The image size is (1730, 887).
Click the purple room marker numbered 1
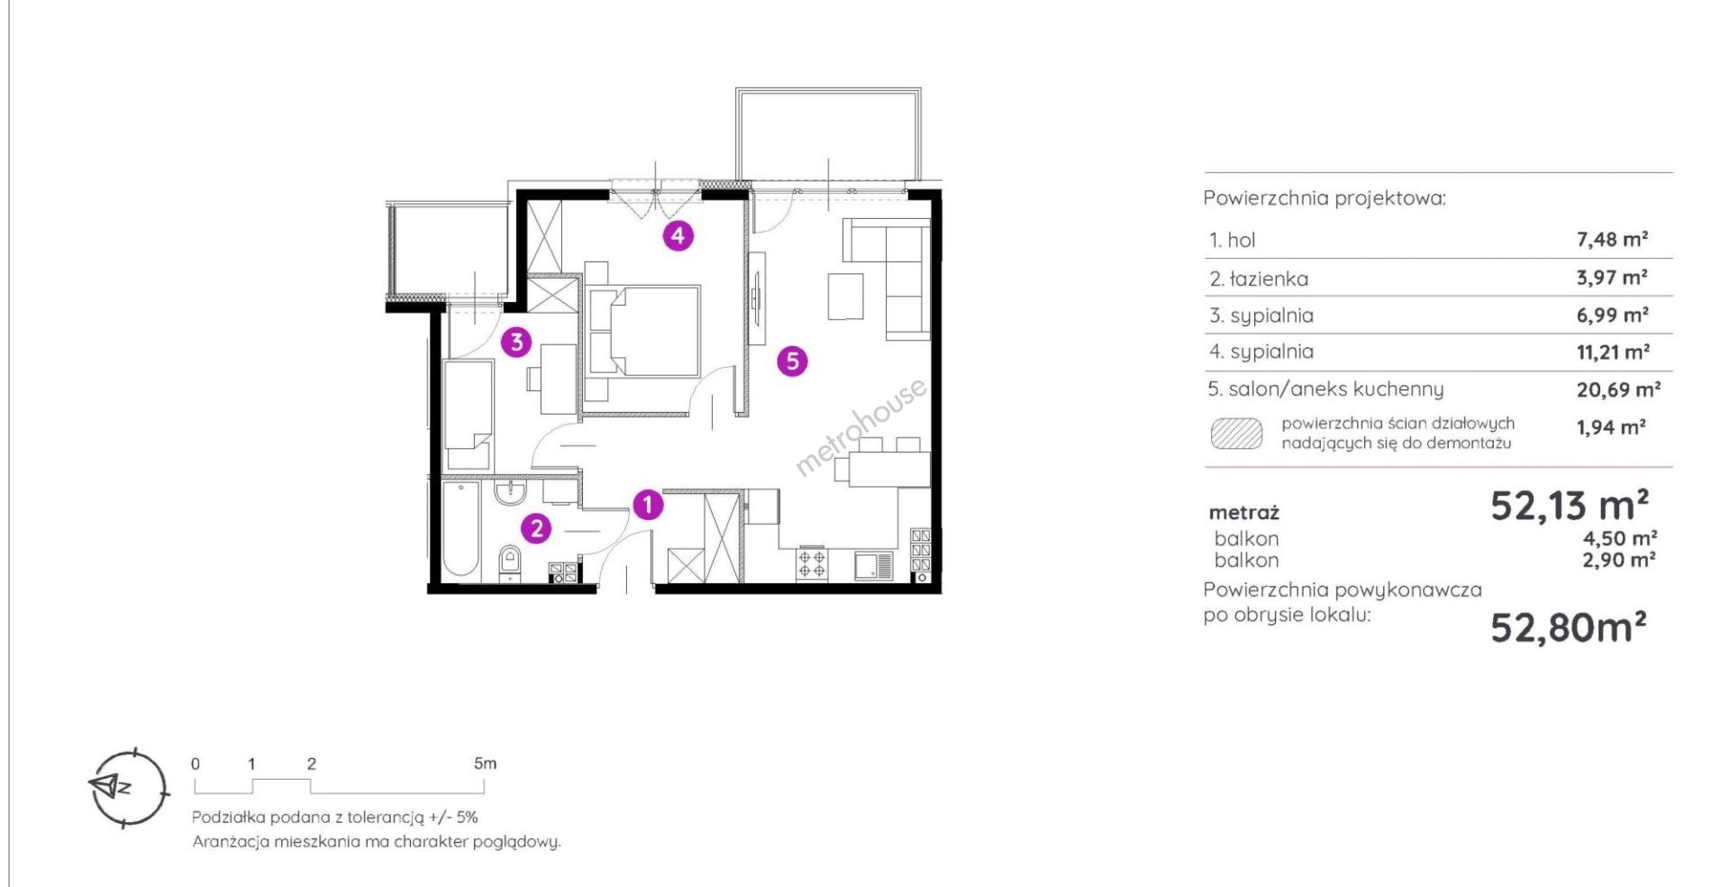[648, 505]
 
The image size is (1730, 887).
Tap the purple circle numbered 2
[537, 528]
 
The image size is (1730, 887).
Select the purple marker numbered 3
[516, 342]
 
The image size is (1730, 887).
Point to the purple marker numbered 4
[678, 236]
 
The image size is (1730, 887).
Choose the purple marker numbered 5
[792, 361]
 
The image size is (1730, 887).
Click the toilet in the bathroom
[509, 561]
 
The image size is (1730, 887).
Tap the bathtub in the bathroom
[460, 529]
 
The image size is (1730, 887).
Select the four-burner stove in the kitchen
[811, 563]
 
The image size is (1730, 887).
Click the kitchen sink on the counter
[873, 565]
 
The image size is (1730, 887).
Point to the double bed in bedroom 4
[642, 331]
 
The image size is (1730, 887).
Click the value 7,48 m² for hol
[1612, 240]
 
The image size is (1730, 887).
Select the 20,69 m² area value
[1618, 389]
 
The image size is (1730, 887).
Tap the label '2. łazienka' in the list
[1259, 279]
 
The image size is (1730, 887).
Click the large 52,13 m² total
[1570, 505]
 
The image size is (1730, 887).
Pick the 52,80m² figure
[1569, 626]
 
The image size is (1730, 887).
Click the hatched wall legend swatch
[1236, 434]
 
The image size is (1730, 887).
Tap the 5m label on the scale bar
[485, 764]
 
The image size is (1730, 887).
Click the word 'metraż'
[1244, 513]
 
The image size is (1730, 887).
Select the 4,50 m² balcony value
[1620, 538]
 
